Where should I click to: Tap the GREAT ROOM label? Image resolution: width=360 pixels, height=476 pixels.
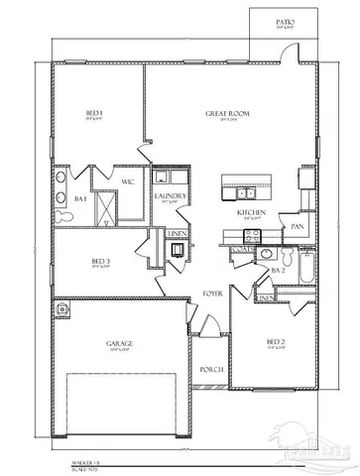click(227, 114)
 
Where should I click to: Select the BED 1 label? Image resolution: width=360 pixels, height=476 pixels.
click(94, 114)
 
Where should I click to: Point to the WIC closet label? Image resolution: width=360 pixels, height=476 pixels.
click(128, 181)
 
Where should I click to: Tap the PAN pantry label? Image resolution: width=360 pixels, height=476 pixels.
click(297, 226)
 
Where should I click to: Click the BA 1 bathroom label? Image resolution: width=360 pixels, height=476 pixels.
click(80, 199)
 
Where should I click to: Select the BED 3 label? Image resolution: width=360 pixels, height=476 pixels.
click(99, 263)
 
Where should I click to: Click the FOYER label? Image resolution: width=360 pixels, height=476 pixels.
click(212, 295)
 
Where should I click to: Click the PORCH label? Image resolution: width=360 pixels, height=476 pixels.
click(210, 370)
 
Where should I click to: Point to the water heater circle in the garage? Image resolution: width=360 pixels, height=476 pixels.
click(64, 309)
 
